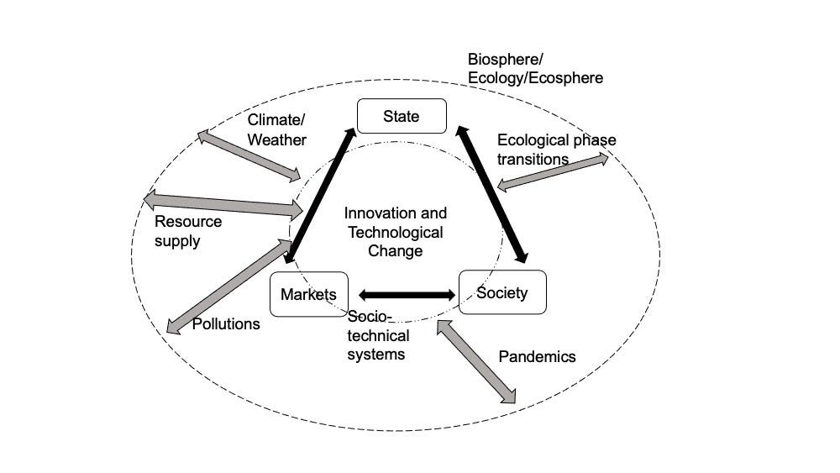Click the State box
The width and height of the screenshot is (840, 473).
pos(402,117)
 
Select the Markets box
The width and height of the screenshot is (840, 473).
pos(308,294)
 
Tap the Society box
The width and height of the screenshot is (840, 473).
pos(502,292)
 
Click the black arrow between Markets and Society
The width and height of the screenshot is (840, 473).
pos(407,295)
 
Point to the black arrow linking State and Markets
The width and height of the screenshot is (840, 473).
pos(320,193)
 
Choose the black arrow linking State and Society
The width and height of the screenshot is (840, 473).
pos(492,194)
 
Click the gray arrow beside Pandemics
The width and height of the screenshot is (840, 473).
pos(476,362)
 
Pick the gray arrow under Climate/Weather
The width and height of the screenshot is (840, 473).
pos(249,155)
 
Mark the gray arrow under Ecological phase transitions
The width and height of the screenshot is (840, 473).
pos(552,171)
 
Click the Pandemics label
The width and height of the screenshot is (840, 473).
pos(537,356)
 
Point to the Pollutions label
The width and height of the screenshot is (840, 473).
pos(226,323)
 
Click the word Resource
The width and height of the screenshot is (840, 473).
pos(188,222)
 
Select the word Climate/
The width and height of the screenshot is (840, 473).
pos(276,120)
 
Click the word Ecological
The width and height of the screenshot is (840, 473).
pos(531,140)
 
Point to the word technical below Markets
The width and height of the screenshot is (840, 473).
pos(378,336)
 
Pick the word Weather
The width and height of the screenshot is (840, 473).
pos(276,139)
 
